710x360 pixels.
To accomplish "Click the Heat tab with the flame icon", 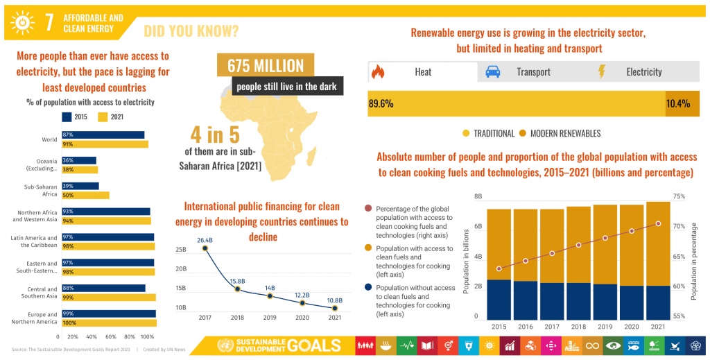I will tap(422, 72).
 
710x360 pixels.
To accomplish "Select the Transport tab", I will tap(532, 72).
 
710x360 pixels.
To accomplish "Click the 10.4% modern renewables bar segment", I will tap(682, 103).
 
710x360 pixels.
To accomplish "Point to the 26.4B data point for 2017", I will tap(205, 248).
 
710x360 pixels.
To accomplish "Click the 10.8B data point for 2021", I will tap(335, 308).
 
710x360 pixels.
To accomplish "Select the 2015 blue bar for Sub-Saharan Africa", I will tap(80, 186).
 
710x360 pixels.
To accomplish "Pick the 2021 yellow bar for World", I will tap(105, 144).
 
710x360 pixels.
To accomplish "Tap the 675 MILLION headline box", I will tap(266, 66).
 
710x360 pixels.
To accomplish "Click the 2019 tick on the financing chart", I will tap(270, 318).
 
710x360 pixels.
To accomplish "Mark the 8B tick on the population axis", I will tap(478, 197).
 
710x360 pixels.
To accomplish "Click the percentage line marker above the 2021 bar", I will tap(658, 223).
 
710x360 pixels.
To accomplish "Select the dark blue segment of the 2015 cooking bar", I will tap(499, 300).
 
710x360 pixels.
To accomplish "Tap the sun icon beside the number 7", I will tap(23, 23).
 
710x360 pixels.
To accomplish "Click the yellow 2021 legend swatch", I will tap(103, 117).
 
